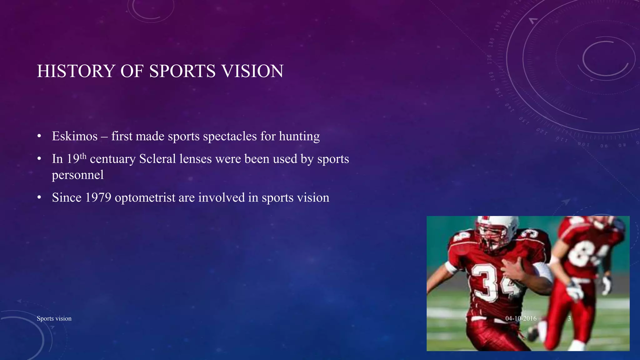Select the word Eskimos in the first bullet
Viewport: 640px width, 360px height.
tap(75, 136)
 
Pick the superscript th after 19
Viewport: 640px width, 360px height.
tap(83, 156)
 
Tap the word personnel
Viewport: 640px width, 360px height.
tap(77, 175)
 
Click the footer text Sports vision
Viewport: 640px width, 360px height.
tap(54, 318)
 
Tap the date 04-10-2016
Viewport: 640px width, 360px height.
tap(521, 318)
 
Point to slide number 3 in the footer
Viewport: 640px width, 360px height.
tap(569, 318)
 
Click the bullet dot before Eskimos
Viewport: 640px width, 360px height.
tap(39, 137)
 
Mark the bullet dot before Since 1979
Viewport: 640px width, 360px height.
tap(39, 198)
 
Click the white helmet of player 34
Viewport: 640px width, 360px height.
tap(497, 225)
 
